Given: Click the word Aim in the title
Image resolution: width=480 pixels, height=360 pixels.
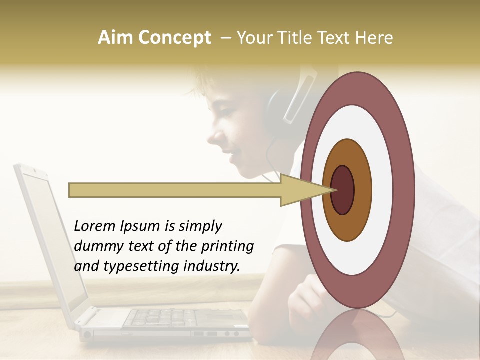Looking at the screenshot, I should (115, 38).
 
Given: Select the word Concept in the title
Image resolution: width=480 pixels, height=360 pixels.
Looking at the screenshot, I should (174, 38).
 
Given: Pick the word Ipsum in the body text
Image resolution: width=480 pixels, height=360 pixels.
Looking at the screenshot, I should (139, 226).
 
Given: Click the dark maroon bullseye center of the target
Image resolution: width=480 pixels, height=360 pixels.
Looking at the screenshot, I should (343, 190).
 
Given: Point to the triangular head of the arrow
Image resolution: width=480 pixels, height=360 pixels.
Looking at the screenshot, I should (300, 190).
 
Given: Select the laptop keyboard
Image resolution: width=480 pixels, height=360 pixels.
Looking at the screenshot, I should (165, 318).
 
